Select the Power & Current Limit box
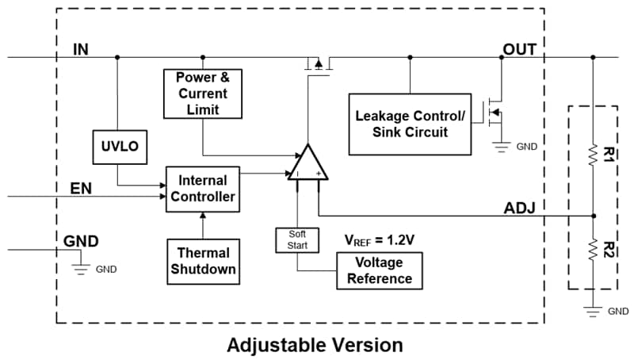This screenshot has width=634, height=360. (x=202, y=92)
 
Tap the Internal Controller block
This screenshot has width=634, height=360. (x=202, y=189)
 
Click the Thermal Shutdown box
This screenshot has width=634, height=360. (x=202, y=260)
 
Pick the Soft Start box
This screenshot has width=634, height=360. (x=297, y=239)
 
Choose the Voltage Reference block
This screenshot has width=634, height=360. (x=380, y=270)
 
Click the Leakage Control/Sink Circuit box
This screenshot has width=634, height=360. (x=410, y=123)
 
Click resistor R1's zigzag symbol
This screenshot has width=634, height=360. (x=593, y=153)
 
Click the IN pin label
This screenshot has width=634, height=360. (x=81, y=49)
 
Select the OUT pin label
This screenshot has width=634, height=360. (x=520, y=49)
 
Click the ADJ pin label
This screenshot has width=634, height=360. (x=520, y=209)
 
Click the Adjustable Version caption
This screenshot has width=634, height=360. (x=315, y=345)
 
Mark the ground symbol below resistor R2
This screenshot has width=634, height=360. (x=593, y=308)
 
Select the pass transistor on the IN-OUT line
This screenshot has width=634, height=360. (x=318, y=63)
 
